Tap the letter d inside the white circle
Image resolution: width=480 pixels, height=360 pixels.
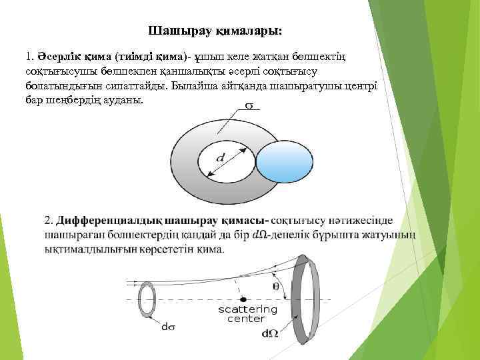coord(219,158)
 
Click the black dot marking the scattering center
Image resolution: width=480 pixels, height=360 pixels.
coord(244,300)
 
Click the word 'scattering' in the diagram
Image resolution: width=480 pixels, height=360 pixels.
coord(247,310)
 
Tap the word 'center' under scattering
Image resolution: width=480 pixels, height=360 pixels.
coord(246,319)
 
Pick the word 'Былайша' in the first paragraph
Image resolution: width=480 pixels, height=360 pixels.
coord(193,86)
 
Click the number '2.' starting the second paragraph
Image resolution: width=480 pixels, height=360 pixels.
coord(49,221)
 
